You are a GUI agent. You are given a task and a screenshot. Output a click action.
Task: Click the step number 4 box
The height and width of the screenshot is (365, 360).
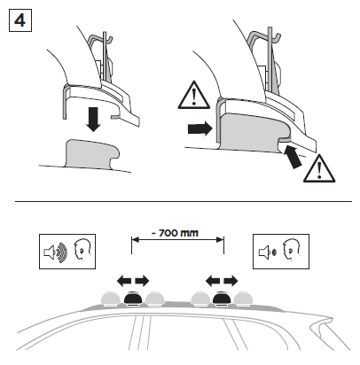click(20, 20)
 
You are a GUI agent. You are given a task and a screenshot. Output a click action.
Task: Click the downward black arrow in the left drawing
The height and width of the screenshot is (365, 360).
click(94, 120)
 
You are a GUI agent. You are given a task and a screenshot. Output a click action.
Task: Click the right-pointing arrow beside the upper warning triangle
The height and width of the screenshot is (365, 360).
click(200, 129)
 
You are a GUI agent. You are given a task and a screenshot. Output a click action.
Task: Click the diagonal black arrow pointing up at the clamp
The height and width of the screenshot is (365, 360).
click(293, 157)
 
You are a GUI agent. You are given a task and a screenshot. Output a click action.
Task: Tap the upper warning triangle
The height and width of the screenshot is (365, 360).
click(194, 96)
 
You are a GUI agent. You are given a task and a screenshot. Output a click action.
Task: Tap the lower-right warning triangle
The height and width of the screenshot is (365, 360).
click(319, 169)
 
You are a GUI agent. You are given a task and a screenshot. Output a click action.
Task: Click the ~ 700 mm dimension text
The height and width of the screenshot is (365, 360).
click(175, 233)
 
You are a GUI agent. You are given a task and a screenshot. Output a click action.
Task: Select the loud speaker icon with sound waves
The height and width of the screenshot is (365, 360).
click(56, 252)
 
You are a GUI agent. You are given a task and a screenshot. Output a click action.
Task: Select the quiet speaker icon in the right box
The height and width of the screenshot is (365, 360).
click(268, 252)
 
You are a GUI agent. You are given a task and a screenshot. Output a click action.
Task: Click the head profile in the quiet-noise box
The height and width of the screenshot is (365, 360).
click(292, 250)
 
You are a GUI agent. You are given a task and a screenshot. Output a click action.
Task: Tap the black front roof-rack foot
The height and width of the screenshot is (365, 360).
click(133, 299)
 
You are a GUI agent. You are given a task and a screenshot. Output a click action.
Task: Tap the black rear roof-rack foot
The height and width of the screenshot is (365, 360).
click(222, 299)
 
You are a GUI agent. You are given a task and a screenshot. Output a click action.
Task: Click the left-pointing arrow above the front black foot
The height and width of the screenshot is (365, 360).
click(124, 281)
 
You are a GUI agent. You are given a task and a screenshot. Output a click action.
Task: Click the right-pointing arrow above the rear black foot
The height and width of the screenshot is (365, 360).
click(231, 281)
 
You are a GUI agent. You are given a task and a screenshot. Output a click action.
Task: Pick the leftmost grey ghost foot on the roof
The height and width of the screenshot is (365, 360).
click(111, 299)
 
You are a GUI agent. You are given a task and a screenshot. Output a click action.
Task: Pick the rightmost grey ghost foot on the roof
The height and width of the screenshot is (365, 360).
click(243, 299)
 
